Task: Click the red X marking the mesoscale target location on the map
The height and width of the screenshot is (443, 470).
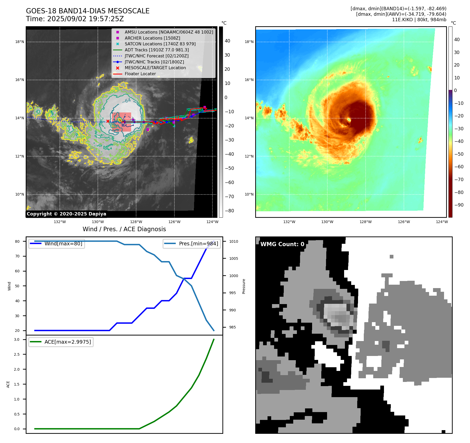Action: [108, 121]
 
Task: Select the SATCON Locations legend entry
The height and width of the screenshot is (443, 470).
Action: [160, 44]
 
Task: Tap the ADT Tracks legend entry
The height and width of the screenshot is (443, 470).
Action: [157, 50]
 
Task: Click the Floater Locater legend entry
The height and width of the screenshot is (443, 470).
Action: [140, 74]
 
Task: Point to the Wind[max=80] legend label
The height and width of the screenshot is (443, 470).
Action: [63, 244]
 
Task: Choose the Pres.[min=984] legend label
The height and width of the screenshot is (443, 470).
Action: [198, 244]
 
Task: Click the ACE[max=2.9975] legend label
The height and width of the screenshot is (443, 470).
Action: [68, 342]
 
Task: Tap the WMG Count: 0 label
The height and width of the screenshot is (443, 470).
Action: [282, 244]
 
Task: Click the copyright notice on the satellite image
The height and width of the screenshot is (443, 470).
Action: [66, 214]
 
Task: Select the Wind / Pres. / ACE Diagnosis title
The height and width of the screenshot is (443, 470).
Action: [124, 229]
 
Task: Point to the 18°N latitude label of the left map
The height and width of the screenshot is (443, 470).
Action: [20, 42]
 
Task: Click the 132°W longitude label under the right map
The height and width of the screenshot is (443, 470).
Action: [289, 222]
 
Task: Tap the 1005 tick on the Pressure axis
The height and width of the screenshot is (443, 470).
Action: [233, 258]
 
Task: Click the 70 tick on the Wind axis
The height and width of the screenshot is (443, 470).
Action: [17, 256]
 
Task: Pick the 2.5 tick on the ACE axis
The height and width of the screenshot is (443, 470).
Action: [17, 354]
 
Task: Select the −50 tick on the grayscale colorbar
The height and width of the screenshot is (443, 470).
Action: [229, 168]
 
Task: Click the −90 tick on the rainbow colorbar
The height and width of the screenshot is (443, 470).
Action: [459, 205]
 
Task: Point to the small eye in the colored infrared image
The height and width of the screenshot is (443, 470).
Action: [349, 120]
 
